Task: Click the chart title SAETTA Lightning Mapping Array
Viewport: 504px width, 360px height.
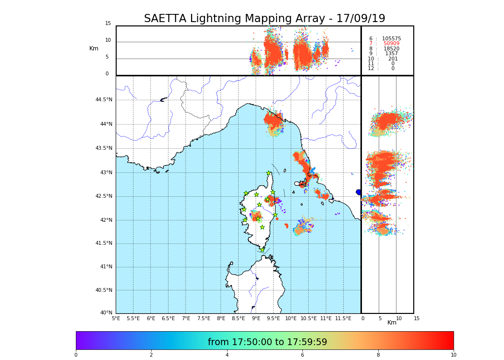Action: tap(264, 19)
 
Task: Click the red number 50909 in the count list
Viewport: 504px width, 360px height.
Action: tap(391, 44)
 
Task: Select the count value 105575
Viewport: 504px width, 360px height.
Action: tap(391, 38)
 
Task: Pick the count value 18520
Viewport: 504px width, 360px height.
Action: tap(391, 48)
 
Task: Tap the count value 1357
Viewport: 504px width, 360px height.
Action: tap(391, 54)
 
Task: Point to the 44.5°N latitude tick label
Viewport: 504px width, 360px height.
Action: tap(104, 100)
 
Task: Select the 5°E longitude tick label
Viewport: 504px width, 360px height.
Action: tap(116, 318)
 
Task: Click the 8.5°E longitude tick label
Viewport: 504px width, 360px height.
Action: tap(238, 318)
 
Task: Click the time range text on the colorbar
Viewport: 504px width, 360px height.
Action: tap(267, 342)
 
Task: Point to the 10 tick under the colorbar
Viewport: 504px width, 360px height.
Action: tap(453, 355)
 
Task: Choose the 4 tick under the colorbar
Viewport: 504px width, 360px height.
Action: tap(227, 355)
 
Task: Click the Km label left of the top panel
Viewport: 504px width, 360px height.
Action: tap(94, 48)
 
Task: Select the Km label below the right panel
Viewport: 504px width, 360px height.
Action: tap(392, 323)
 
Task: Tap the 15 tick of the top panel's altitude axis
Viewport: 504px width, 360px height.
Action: tap(108, 24)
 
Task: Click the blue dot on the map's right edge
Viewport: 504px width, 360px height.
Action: tap(359, 192)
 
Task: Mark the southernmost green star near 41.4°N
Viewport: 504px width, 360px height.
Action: tap(262, 250)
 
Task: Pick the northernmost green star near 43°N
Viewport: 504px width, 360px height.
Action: tap(269, 173)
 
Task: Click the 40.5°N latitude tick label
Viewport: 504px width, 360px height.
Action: tap(104, 290)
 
